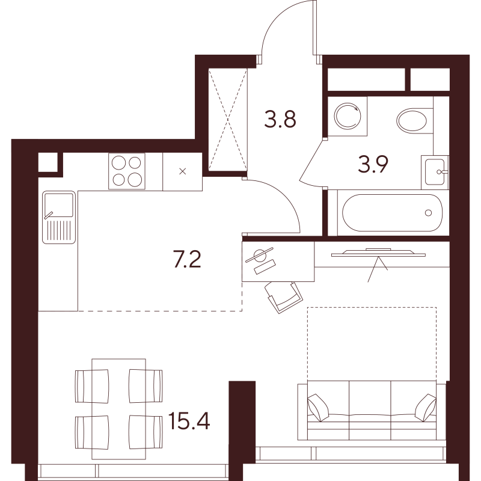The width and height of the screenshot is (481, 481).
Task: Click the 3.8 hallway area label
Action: click(280, 119)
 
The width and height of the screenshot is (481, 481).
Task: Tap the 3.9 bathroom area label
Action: click(373, 164)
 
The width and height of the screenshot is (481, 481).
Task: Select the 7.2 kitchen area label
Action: click(187, 259)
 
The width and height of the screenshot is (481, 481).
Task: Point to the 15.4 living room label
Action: click(189, 421)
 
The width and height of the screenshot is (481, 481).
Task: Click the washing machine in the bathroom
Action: click(348, 116)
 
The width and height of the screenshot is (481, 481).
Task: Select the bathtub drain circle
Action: click(429, 213)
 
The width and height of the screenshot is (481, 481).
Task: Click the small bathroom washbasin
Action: click(435, 172)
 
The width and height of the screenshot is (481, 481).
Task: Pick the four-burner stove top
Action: click(127, 171)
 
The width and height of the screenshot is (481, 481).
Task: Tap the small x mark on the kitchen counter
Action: click(183, 171)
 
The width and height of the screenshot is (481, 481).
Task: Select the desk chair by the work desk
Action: click(283, 297)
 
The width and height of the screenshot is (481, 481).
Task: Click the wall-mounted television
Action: click(378, 252)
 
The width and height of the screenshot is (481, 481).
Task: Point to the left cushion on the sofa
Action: click(318, 408)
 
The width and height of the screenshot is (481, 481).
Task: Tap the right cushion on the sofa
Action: click(426, 408)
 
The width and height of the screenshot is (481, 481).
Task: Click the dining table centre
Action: click(118, 409)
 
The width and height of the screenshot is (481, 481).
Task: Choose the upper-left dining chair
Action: click(92, 386)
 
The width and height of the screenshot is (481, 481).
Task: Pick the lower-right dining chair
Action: click(146, 432)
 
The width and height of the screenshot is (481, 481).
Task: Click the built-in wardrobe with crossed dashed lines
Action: click(228, 119)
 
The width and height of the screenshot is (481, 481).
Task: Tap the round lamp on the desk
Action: click(260, 255)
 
